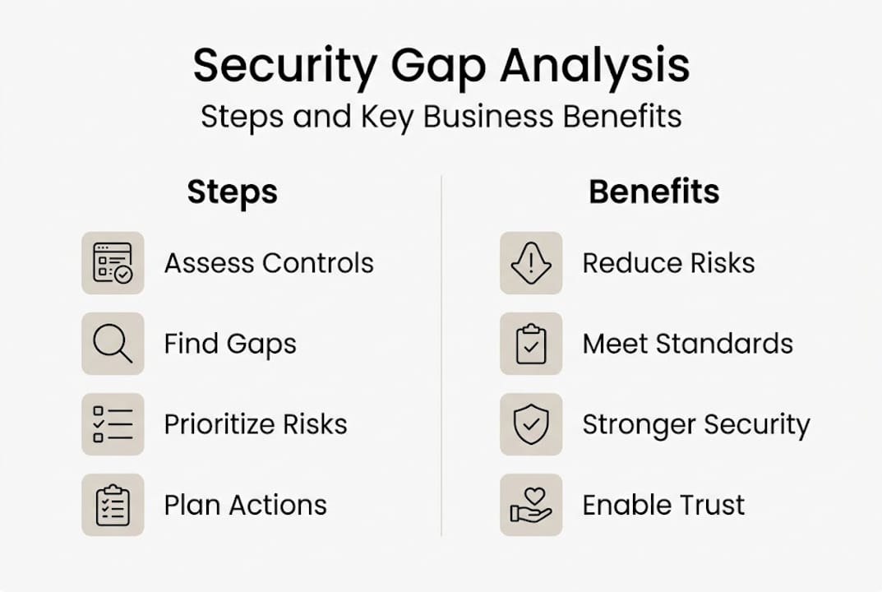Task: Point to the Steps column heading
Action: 233,192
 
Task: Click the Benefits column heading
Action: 653,192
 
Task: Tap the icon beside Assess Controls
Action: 113,263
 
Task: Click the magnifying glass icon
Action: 113,344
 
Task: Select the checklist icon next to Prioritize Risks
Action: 113,424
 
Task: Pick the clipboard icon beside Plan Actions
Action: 113,505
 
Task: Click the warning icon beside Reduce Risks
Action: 531,263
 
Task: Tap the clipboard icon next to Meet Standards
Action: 531,344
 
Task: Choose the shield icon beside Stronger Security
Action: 531,424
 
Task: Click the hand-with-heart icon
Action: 531,505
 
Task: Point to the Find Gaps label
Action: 230,344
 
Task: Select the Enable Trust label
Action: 663,505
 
